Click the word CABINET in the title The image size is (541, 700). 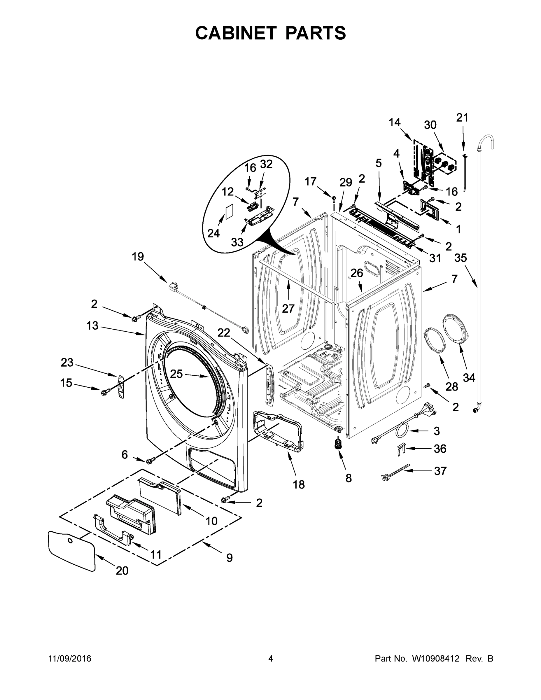pyautogui.click(x=236, y=33)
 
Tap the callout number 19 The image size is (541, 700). pyautogui.click(x=138, y=256)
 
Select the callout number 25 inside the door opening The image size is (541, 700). pyautogui.click(x=176, y=373)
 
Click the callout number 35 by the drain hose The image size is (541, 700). pyautogui.click(x=461, y=258)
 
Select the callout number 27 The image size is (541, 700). pyautogui.click(x=288, y=308)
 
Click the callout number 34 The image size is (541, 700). pyautogui.click(x=469, y=378)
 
